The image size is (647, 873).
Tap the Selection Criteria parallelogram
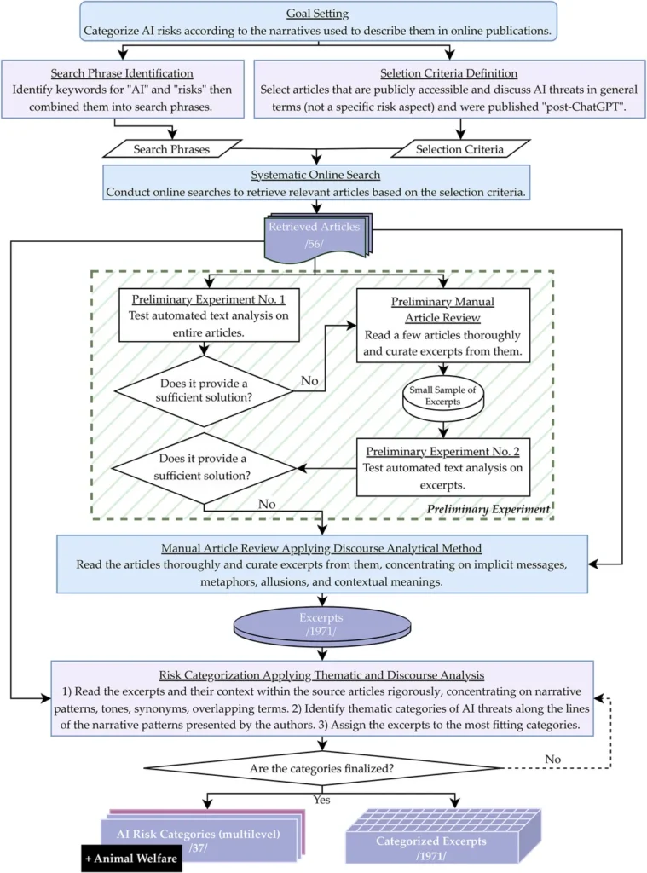point(459,149)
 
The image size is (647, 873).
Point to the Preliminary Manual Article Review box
point(442,325)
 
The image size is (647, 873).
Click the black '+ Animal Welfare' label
point(131,858)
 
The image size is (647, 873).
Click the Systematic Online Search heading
point(316,175)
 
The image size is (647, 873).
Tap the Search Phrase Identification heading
point(122,73)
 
